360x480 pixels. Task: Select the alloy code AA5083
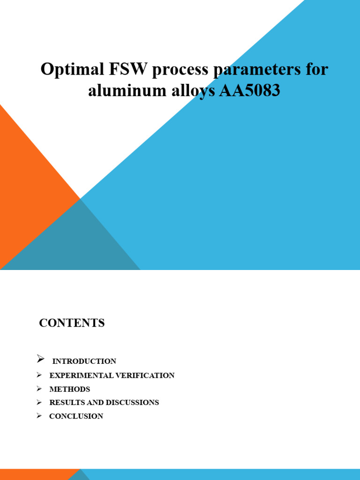click(x=249, y=90)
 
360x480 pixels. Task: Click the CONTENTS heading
click(x=72, y=323)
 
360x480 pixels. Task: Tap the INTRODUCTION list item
click(x=84, y=361)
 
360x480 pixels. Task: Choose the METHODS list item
click(x=69, y=389)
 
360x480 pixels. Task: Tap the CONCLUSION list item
click(x=76, y=416)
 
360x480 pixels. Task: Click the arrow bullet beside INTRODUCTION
click(x=40, y=360)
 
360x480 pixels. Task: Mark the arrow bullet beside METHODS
click(x=39, y=389)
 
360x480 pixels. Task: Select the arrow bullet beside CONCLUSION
click(x=39, y=416)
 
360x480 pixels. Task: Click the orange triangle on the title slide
click(x=28, y=187)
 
